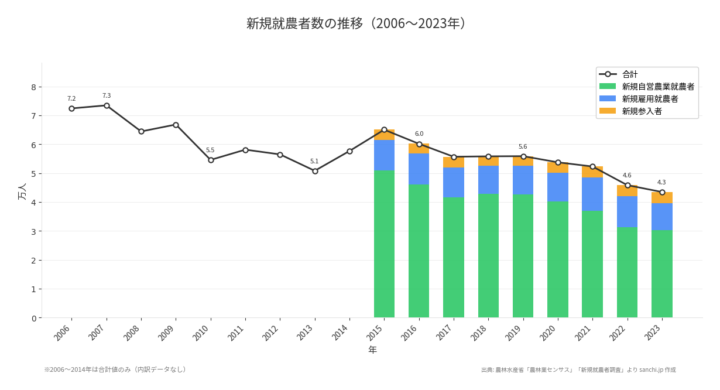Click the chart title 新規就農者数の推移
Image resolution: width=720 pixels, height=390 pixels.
(x=355, y=23)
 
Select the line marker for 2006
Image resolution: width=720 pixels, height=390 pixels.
(x=71, y=108)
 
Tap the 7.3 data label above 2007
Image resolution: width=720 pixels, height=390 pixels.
(x=107, y=96)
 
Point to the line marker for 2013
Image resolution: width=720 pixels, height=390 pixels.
(x=315, y=171)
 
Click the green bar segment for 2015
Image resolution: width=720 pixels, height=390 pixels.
(x=384, y=244)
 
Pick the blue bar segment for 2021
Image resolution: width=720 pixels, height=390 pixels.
(x=592, y=194)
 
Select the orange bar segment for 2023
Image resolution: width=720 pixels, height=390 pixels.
(x=662, y=198)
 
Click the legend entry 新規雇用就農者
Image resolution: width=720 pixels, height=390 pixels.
(x=650, y=99)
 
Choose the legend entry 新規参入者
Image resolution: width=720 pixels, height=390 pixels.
(x=642, y=111)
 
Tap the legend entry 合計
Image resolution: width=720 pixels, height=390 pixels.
(x=630, y=74)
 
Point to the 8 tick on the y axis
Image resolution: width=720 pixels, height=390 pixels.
(x=33, y=87)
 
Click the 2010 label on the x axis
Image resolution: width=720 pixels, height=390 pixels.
(x=201, y=333)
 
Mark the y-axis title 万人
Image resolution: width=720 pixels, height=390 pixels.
(x=22, y=191)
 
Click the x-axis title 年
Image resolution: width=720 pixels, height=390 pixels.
(x=372, y=350)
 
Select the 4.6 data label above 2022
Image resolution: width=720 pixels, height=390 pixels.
(x=627, y=176)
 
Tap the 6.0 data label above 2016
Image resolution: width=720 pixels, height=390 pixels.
(x=419, y=134)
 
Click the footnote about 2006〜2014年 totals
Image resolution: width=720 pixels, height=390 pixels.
(x=116, y=370)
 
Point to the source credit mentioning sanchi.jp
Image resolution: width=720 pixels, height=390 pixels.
(x=578, y=370)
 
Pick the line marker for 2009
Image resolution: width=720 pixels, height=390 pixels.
(x=176, y=125)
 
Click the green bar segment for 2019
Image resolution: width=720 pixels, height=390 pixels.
(x=523, y=256)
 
